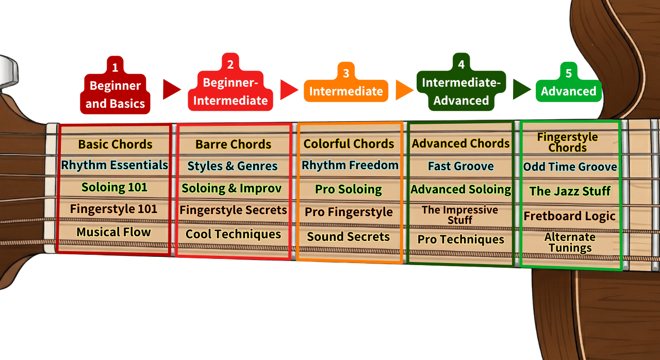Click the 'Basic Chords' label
click(x=115, y=144)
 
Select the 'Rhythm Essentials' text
click(x=114, y=166)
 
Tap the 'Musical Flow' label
click(x=113, y=232)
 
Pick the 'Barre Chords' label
click(x=233, y=144)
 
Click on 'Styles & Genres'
click(x=233, y=166)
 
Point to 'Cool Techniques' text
click(x=233, y=234)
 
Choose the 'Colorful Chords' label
click(x=349, y=144)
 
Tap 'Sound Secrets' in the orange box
click(x=349, y=237)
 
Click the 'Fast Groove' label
click(x=460, y=166)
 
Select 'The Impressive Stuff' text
click(x=460, y=215)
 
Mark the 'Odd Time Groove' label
click(x=570, y=167)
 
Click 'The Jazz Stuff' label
click(x=570, y=191)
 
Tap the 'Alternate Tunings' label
click(x=570, y=242)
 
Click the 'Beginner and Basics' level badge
click(x=115, y=95)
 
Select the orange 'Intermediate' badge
click(x=346, y=91)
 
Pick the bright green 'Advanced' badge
click(x=568, y=91)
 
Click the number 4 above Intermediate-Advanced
click(x=461, y=64)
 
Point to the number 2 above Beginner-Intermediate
click(x=230, y=64)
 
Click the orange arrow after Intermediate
click(x=404, y=90)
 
